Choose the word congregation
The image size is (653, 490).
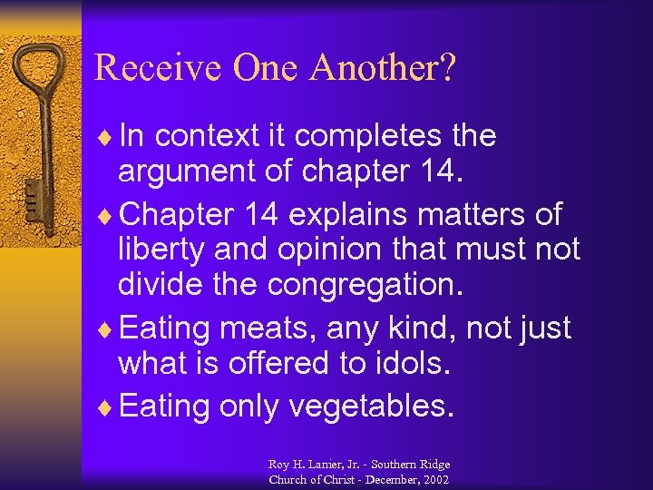[x=365, y=283]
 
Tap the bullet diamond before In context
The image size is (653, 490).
[x=111, y=136]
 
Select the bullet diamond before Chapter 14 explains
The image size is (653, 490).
[x=111, y=215]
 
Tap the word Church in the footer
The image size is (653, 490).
[x=289, y=479]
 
